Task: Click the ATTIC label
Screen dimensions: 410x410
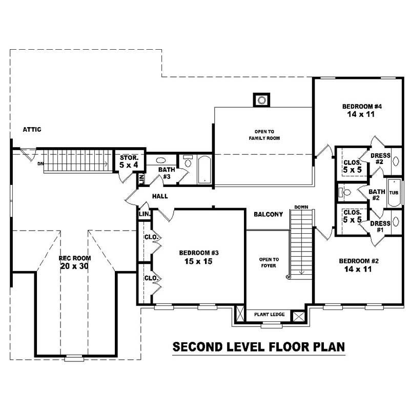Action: coord(32,130)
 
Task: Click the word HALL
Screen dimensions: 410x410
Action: coord(160,196)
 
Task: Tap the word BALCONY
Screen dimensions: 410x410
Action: coord(268,215)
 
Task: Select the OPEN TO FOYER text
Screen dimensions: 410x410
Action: coord(269,262)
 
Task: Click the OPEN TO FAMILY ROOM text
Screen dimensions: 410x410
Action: coord(263,135)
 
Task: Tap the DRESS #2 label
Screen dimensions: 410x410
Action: coord(380,158)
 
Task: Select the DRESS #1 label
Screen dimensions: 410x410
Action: coord(380,227)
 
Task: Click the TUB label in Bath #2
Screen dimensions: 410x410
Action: coord(393,193)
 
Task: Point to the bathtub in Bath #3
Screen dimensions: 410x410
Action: coord(204,169)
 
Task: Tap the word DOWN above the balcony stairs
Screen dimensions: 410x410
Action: coord(301,207)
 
